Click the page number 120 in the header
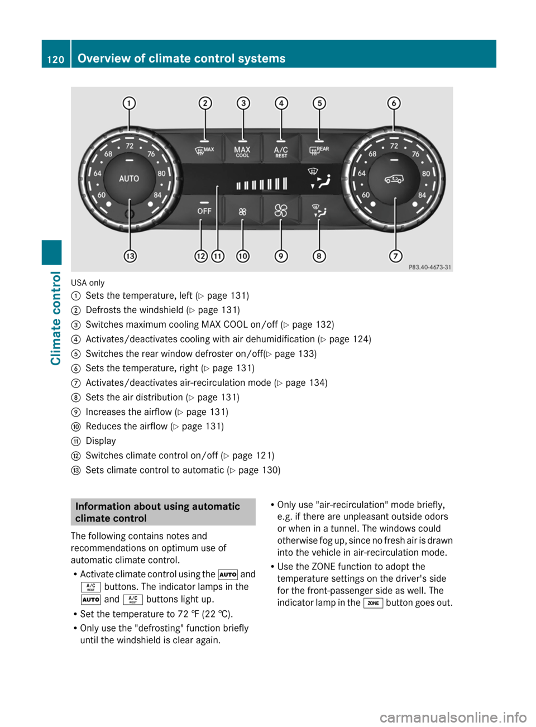click(x=56, y=59)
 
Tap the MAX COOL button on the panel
click(x=242, y=151)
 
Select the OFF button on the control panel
click(x=204, y=211)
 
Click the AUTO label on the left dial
click(x=129, y=179)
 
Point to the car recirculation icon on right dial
click(x=394, y=179)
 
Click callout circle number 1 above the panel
click(x=129, y=103)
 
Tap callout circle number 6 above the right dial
click(x=394, y=103)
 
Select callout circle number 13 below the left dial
click(x=130, y=256)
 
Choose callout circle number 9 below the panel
click(x=281, y=256)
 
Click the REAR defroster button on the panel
click(x=319, y=151)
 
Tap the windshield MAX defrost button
click(x=204, y=151)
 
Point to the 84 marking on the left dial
click(x=157, y=195)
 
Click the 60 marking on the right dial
click(x=366, y=195)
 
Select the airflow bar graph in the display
click(x=261, y=184)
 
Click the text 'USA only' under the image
click(x=88, y=283)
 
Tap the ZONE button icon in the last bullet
click(x=373, y=603)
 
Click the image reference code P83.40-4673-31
click(x=429, y=267)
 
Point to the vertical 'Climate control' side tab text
click(x=55, y=318)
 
